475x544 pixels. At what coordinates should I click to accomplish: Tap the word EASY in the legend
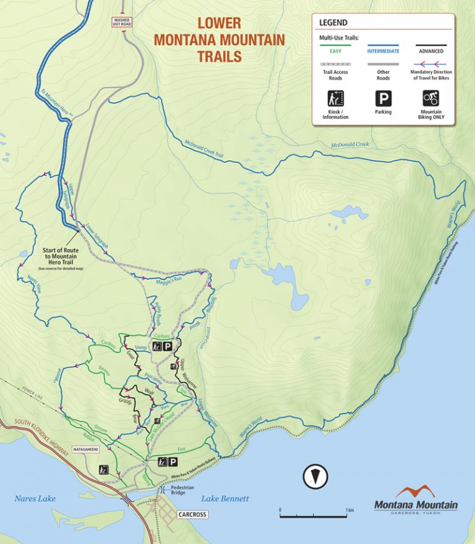(x=335, y=51)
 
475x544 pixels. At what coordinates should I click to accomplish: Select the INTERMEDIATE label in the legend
(x=383, y=51)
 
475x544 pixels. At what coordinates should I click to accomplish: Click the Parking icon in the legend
(x=383, y=98)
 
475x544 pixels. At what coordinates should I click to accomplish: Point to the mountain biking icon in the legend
(x=431, y=98)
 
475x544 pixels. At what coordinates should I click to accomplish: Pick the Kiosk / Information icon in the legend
(x=335, y=98)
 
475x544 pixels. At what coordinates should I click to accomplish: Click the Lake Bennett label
(x=225, y=499)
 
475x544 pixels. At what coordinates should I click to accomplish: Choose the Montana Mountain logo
(x=416, y=499)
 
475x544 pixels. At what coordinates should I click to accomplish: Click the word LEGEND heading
(x=333, y=23)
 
